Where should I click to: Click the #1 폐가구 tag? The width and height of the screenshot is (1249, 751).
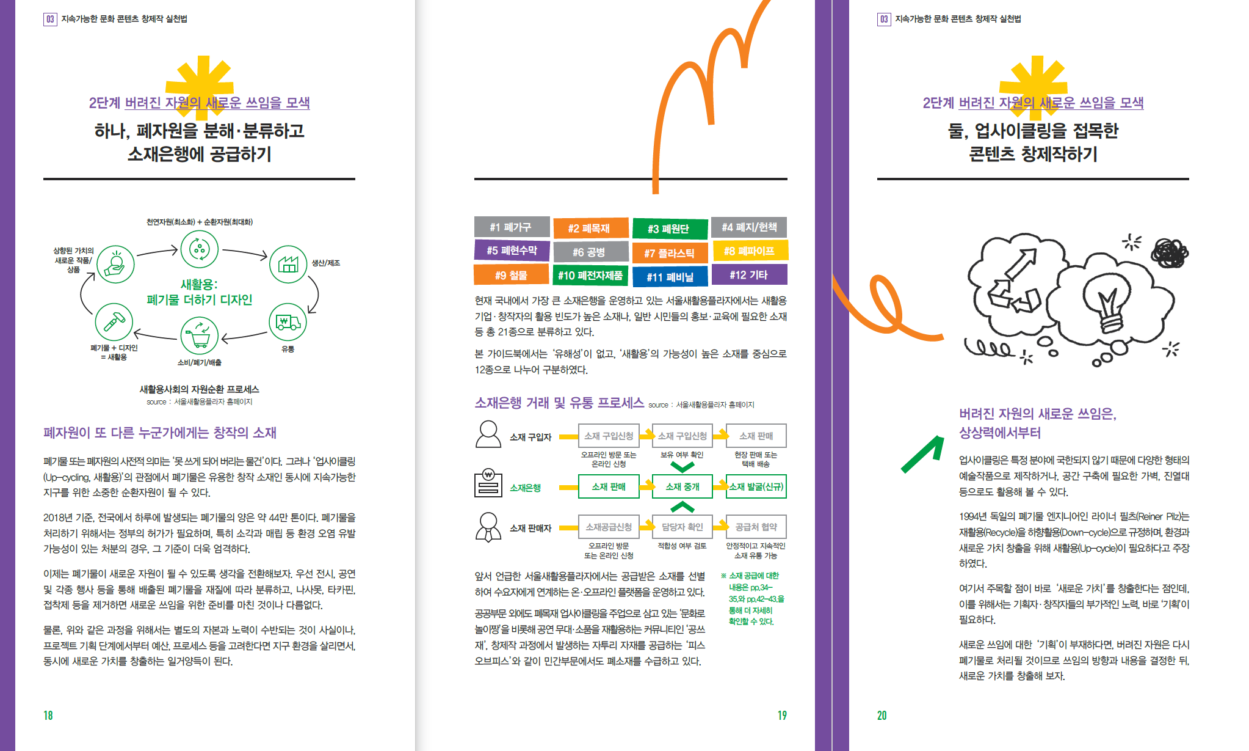coord(512,227)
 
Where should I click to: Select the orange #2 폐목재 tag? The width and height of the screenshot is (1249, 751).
coord(590,228)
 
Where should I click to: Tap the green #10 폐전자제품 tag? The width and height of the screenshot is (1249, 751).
coord(590,275)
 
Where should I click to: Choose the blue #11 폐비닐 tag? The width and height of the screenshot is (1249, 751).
coord(670,276)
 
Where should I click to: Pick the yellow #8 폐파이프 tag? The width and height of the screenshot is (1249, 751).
coord(749,251)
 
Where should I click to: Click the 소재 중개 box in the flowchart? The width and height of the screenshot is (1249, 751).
coord(682,486)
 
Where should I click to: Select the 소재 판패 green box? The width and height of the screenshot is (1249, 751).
coord(609,486)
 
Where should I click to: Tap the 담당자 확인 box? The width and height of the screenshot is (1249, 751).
coord(682,527)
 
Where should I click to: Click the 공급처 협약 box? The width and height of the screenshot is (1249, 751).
coord(756,527)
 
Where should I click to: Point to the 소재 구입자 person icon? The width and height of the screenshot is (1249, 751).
coord(488,434)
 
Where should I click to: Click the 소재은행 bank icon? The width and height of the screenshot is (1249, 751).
coord(488,484)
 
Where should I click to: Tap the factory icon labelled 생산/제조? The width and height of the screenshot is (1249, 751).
coord(288,265)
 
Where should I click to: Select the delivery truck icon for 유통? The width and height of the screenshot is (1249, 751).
coord(288,322)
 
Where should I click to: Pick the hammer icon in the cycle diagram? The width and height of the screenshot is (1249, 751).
coord(114,321)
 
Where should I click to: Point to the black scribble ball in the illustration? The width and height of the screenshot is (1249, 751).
coord(1169,252)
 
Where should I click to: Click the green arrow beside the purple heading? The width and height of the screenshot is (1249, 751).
coord(922,454)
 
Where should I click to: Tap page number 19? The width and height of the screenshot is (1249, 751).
coord(782,715)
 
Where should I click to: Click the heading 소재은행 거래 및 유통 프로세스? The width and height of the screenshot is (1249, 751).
coord(559,403)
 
